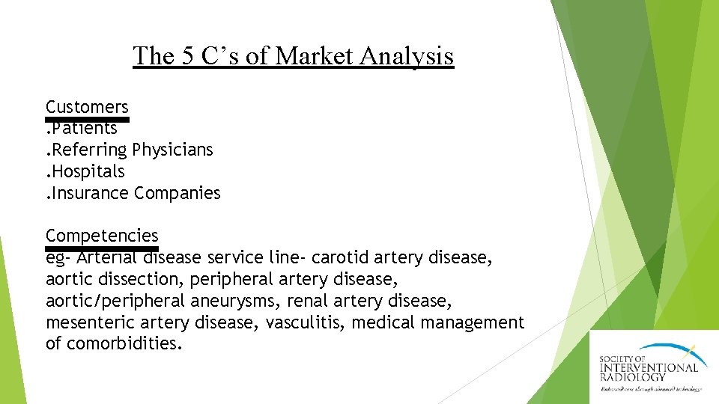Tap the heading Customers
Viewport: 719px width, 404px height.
[x=87, y=107]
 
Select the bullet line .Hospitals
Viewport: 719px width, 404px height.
[x=85, y=171]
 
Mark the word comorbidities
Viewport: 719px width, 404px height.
[x=124, y=344]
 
